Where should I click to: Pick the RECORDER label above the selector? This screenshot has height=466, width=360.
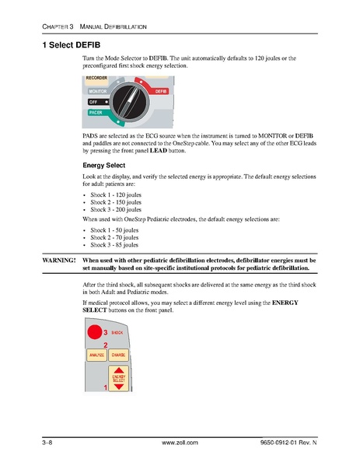96,79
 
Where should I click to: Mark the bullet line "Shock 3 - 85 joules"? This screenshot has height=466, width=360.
114,246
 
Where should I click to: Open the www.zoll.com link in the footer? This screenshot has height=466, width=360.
180,442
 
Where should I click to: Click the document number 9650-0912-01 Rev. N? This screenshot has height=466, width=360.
287,442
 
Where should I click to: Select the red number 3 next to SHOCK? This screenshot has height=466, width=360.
106,333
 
